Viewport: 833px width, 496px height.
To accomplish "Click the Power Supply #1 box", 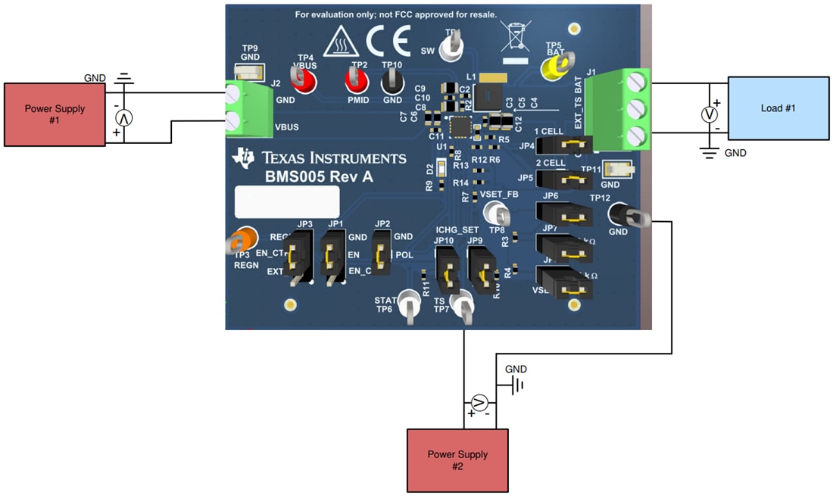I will (55, 114).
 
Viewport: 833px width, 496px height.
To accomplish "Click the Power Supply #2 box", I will (457, 460).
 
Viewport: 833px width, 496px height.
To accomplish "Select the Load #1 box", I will (778, 108).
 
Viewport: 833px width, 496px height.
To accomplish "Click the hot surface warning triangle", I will (340, 45).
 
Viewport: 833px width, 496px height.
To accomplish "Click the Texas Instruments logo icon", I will (245, 158).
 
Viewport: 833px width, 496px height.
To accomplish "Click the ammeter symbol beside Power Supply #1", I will (123, 117).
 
